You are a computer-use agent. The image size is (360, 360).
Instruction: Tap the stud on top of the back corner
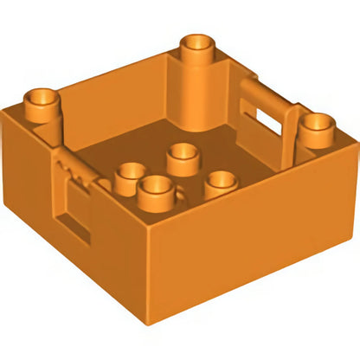tap(198, 48)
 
